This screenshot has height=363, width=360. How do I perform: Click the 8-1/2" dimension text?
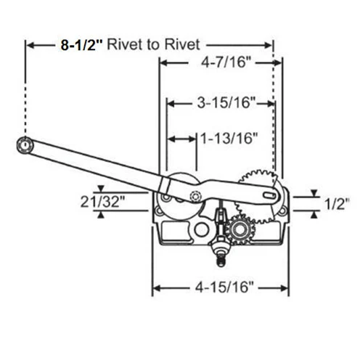(81, 45)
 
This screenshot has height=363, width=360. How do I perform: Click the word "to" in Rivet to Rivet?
(155, 45)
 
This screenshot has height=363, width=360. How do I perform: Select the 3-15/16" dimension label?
(226, 103)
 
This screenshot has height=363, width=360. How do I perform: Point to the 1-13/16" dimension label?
(229, 139)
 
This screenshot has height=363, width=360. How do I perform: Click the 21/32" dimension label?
(103, 201)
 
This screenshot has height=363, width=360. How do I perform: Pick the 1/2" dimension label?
(337, 204)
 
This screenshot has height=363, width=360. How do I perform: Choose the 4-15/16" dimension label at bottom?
(224, 287)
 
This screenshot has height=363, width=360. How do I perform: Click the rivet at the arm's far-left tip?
(25, 145)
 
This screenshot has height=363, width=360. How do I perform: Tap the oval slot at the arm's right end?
(269, 195)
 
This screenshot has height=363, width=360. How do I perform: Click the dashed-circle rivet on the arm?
(195, 197)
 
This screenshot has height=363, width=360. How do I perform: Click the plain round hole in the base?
(201, 229)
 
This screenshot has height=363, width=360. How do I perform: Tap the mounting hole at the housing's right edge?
(282, 211)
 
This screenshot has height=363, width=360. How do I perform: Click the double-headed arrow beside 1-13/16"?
(181, 139)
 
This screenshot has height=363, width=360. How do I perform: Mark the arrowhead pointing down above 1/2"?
(314, 193)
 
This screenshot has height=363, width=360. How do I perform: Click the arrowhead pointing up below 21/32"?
(101, 215)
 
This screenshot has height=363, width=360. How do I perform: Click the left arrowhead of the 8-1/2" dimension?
(30, 45)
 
